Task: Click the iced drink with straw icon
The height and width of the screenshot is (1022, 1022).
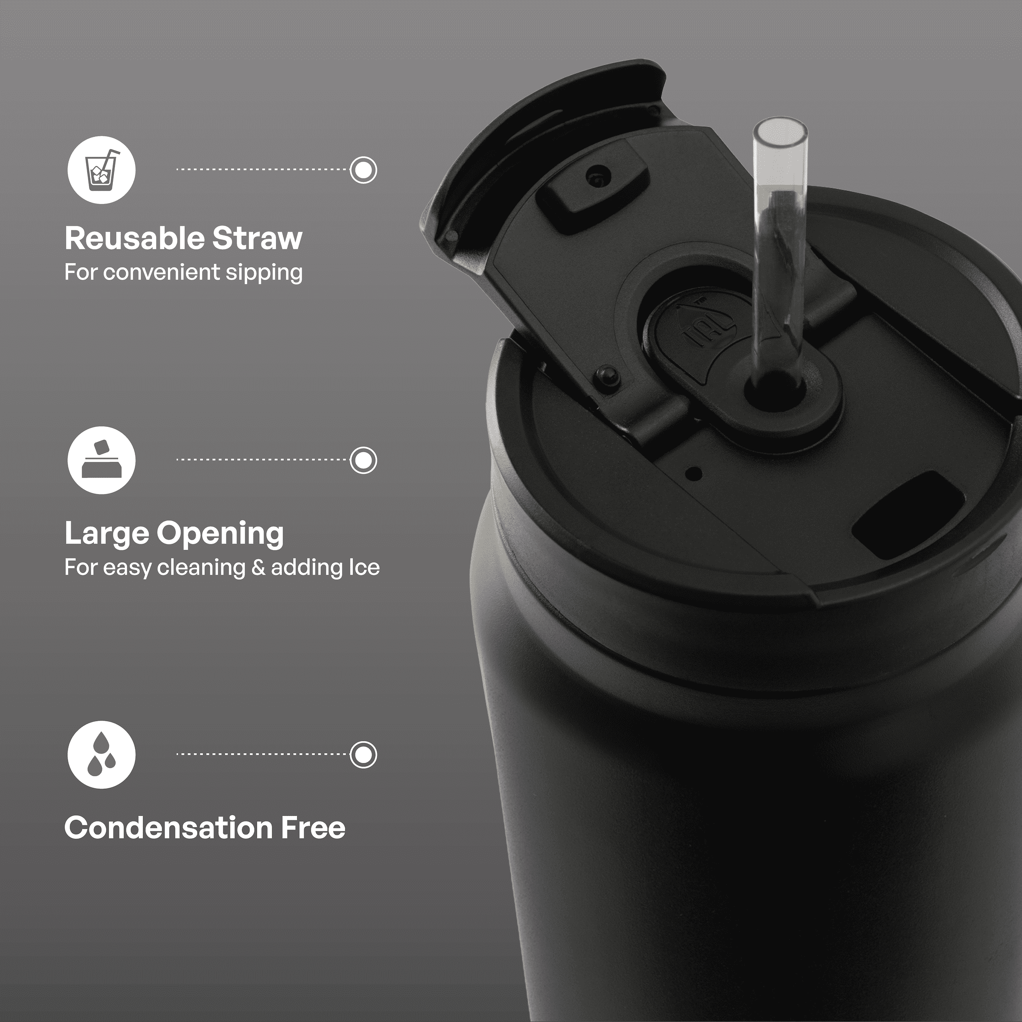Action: pyautogui.click(x=101, y=170)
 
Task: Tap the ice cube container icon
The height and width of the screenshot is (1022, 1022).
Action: pyautogui.click(x=101, y=460)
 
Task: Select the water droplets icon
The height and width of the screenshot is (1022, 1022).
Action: pyautogui.click(x=101, y=754)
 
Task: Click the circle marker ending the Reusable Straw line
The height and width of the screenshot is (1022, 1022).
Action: pyautogui.click(x=363, y=170)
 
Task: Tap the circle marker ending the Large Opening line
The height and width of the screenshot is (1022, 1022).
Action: pyautogui.click(x=363, y=460)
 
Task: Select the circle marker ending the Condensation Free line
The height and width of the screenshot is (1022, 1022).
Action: pyautogui.click(x=363, y=754)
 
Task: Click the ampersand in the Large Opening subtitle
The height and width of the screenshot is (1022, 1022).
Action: pyautogui.click(x=258, y=568)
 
